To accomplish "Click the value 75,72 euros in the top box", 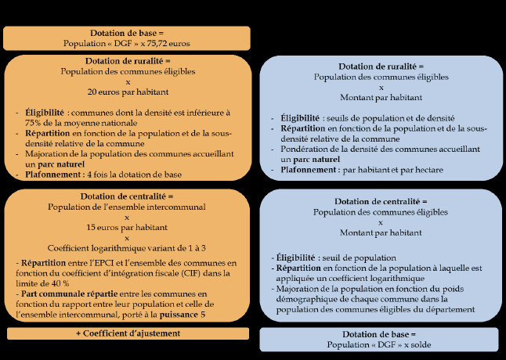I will (169, 43).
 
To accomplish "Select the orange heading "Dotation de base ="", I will (128, 33).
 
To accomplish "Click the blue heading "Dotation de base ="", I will (381, 334).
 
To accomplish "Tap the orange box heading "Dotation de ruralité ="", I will (128, 60).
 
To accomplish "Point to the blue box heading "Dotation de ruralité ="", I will (381, 67).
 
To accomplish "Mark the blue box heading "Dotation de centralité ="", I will (381, 201).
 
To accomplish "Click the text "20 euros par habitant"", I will (128, 91).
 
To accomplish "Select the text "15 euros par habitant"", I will (128, 227).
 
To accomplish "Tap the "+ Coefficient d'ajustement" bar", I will (128, 333).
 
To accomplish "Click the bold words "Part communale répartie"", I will (70, 293).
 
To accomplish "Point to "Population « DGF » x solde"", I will (381, 344).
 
